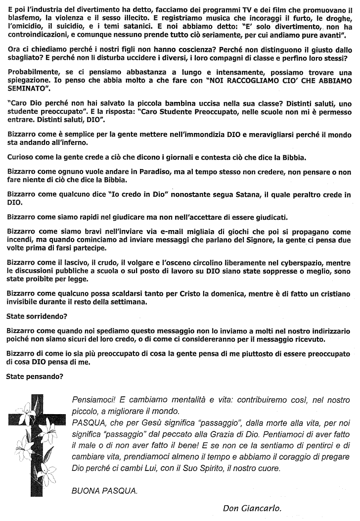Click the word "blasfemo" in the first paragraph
click(24, 19)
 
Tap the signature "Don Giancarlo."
click(252, 508)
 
